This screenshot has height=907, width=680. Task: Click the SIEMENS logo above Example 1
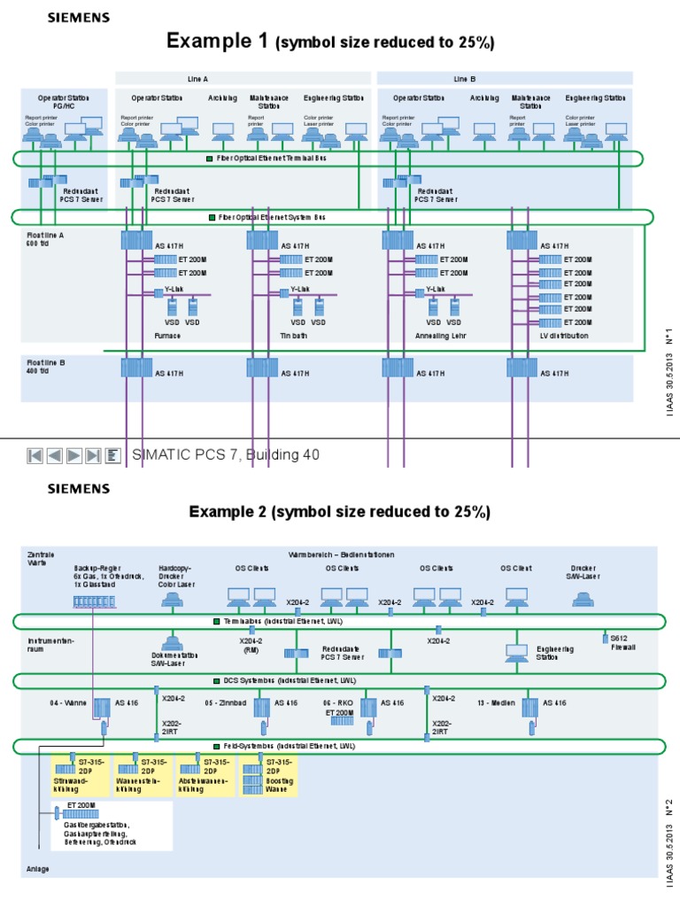(x=78, y=16)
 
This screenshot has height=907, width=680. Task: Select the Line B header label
(x=465, y=79)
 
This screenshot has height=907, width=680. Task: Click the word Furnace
(x=167, y=337)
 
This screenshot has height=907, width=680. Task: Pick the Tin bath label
(x=293, y=337)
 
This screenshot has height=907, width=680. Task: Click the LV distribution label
(x=564, y=337)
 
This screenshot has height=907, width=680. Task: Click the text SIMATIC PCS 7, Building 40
(x=225, y=455)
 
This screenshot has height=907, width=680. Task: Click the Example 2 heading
(x=339, y=512)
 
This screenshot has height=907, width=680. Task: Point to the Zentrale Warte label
(x=41, y=558)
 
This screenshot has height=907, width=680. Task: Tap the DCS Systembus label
(x=282, y=680)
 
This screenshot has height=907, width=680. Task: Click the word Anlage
(x=38, y=869)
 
